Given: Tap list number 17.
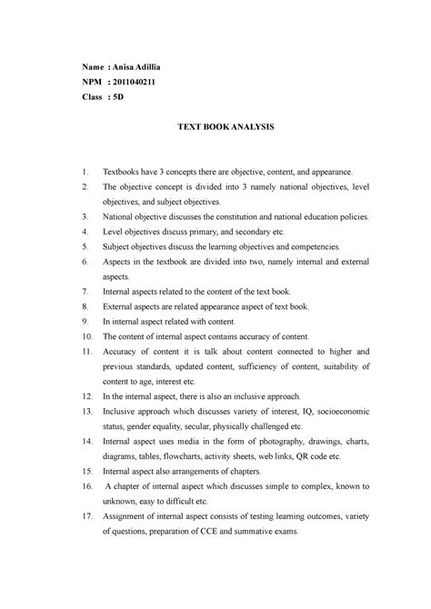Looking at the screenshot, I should click(x=84, y=518).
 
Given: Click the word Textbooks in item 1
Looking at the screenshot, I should click(x=123, y=171).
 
